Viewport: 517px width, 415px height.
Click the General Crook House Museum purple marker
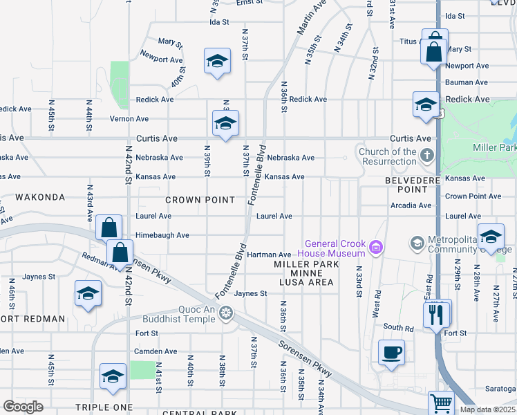tap(377, 247)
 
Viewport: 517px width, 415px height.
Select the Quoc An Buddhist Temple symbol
tap(225, 314)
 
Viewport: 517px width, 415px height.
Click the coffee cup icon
tap(391, 351)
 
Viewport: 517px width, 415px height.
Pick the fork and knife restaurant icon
tap(437, 314)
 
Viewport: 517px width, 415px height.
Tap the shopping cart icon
tap(440, 402)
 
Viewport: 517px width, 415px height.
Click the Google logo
tap(23, 407)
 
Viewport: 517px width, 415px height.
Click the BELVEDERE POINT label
tap(407, 185)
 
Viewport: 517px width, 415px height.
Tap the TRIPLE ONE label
tap(102, 407)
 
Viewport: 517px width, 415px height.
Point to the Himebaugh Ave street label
tap(163, 235)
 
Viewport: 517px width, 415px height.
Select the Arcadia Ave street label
tap(411, 205)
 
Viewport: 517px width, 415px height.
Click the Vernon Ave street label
tap(129, 119)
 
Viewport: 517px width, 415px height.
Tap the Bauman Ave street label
tap(467, 82)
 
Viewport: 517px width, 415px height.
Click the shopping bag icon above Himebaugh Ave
tap(109, 228)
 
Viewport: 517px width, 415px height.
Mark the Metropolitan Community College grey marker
tap(417, 243)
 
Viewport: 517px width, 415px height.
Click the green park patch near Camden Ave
tap(143, 369)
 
